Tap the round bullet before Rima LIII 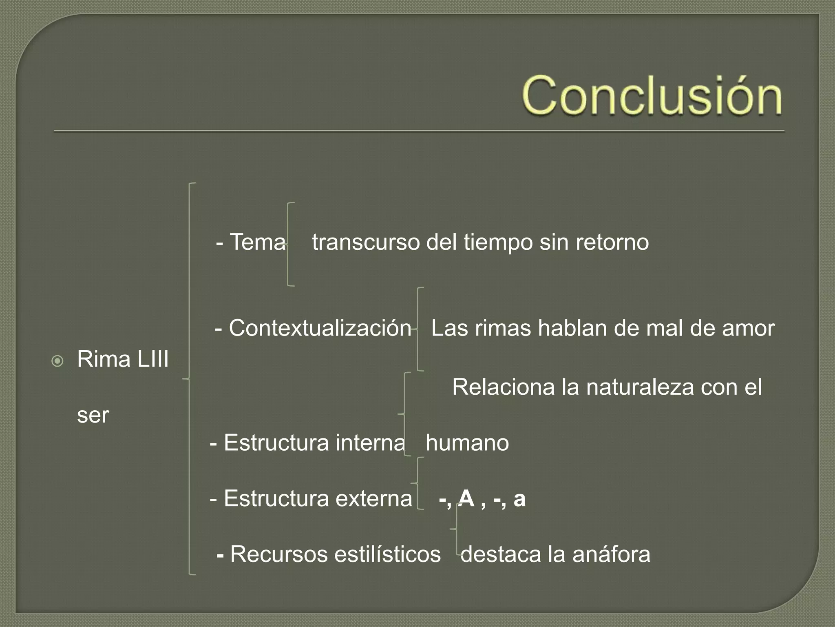58,361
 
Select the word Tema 258,242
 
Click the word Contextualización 320,328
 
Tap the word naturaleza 640,387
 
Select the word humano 467,443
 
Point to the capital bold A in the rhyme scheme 466,498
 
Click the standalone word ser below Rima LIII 93,416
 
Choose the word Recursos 279,554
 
